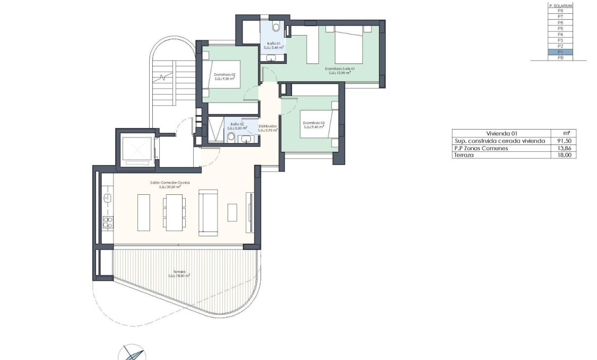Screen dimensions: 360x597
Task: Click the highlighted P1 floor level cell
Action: pyautogui.click(x=560, y=52)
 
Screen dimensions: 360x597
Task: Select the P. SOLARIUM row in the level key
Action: pyautogui.click(x=560, y=5)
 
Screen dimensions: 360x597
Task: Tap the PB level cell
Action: pyautogui.click(x=560, y=57)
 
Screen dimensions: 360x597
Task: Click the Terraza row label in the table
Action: pyautogui.click(x=462, y=155)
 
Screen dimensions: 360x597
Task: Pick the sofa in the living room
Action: pyautogui.click(x=208, y=212)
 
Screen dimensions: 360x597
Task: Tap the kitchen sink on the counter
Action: pyautogui.click(x=107, y=198)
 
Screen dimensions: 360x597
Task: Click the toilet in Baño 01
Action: pyautogui.click(x=276, y=27)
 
